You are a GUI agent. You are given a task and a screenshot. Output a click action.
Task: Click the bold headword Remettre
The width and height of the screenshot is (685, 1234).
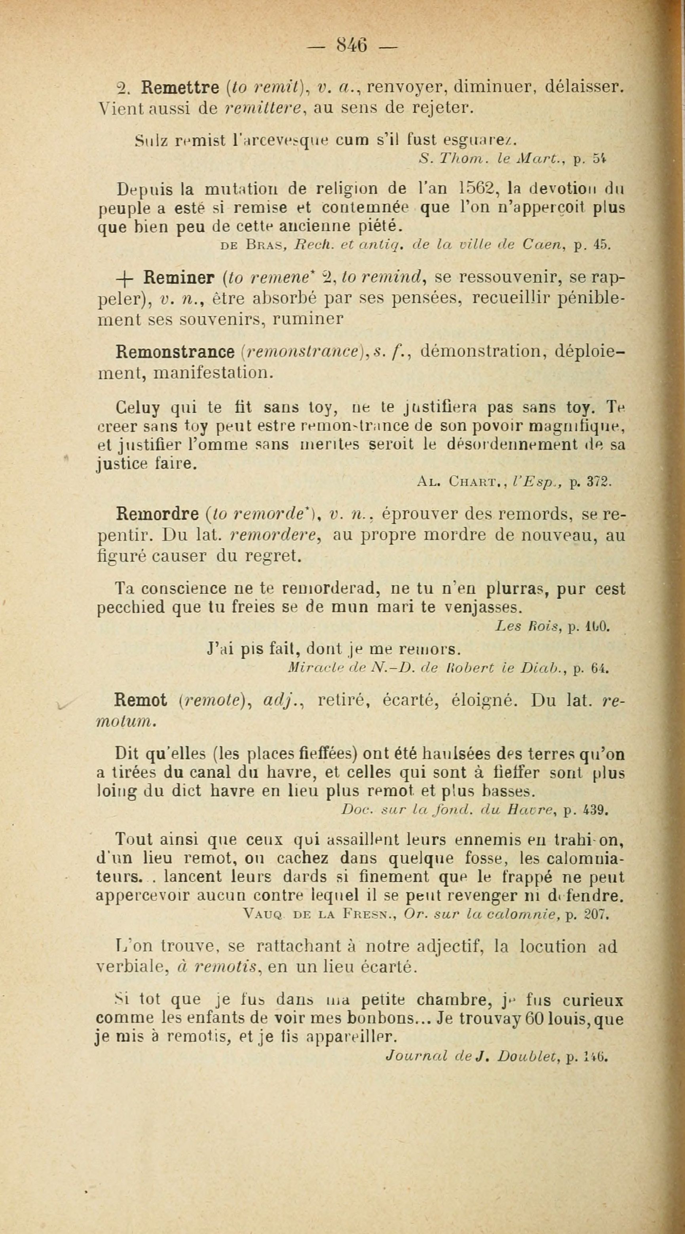[x=179, y=88]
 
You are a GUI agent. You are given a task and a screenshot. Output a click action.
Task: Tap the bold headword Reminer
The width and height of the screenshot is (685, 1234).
[x=179, y=278]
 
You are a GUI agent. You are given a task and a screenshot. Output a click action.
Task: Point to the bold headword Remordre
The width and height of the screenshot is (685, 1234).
[x=158, y=514]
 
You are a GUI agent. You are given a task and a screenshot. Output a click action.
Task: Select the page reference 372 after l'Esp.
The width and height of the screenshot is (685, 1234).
[x=598, y=483]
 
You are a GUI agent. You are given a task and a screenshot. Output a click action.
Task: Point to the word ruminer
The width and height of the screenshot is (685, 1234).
[x=308, y=319]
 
